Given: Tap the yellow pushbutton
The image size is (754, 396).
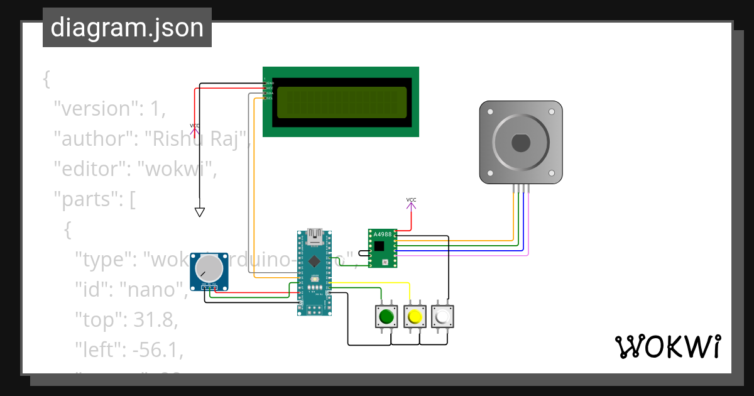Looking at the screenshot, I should pos(414,316).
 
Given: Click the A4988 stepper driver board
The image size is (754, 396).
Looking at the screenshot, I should pos(382,248).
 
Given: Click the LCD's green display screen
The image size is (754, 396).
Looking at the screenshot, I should pos(341,102).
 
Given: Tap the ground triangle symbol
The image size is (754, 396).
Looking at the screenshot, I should pos(199,212).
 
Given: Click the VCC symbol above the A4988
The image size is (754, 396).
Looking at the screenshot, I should pos(411,202).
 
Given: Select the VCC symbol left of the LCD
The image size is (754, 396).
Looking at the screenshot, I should pos(195,128).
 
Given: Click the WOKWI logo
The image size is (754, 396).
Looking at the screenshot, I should pos(667,347).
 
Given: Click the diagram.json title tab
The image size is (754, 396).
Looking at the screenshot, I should pos(127,28).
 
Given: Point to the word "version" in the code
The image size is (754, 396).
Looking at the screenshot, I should pos(94,109).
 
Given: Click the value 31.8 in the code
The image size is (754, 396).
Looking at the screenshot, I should pos(153,320).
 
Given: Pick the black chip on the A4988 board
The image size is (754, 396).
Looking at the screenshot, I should pos(379,246).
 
